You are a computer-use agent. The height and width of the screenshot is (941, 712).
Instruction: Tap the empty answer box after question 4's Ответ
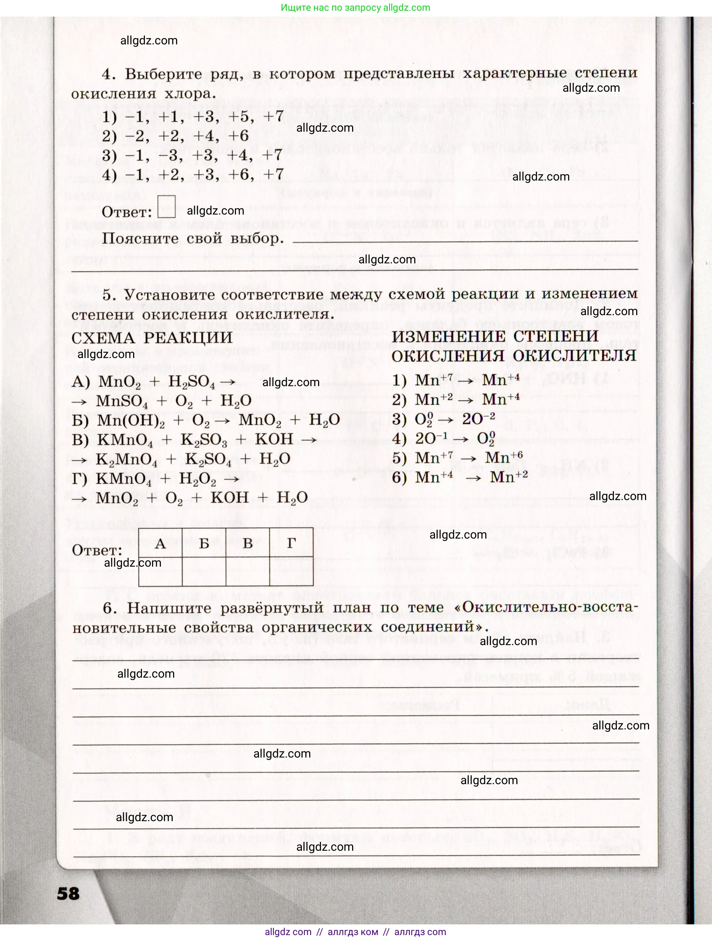(x=166, y=207)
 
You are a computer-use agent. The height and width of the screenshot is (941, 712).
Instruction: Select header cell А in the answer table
(x=161, y=543)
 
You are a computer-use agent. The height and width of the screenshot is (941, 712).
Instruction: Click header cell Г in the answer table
(x=291, y=543)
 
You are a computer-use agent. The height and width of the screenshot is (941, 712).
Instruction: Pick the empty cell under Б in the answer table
(x=204, y=571)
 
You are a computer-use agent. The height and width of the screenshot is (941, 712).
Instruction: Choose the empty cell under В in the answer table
(x=247, y=571)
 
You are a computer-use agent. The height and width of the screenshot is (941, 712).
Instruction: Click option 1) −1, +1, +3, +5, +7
(x=193, y=117)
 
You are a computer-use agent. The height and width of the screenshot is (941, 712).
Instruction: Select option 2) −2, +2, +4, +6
(x=175, y=136)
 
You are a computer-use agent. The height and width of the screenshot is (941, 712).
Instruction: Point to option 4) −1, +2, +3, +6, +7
(x=193, y=175)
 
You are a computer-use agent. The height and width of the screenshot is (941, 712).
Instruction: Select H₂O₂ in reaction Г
(x=198, y=479)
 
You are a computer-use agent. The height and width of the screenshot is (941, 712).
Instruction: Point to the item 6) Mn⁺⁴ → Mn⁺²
(x=459, y=477)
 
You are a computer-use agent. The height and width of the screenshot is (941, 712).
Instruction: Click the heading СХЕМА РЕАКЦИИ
(x=152, y=338)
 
